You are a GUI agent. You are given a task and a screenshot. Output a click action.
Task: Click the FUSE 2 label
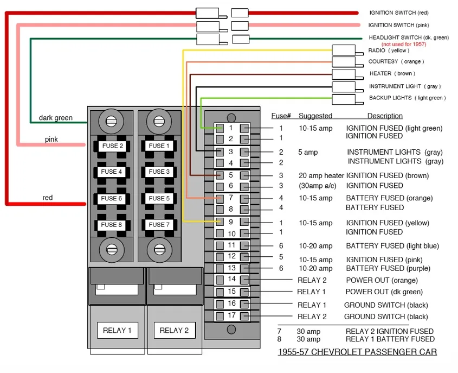click(x=112, y=146)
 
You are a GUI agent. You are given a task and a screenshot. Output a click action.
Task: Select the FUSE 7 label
click(x=159, y=225)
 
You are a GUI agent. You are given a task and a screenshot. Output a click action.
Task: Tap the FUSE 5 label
click(x=159, y=198)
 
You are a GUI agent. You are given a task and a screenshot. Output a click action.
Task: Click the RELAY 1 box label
click(x=117, y=330)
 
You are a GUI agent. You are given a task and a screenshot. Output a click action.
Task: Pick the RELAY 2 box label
click(x=174, y=330)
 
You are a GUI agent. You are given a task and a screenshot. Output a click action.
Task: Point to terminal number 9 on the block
click(x=231, y=222)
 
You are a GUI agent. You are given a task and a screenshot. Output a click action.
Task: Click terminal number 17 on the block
click(x=231, y=315)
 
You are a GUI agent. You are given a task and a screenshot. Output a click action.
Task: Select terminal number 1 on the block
click(x=231, y=128)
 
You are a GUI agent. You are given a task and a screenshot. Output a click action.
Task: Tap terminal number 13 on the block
click(x=231, y=268)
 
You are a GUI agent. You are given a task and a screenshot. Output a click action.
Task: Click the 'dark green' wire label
click(x=55, y=118)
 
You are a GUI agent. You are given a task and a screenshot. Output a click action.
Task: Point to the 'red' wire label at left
click(x=48, y=198)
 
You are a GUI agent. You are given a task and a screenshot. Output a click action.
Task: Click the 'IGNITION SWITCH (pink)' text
click(x=398, y=25)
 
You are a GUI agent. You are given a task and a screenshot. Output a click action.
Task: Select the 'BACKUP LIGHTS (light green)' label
click(x=408, y=98)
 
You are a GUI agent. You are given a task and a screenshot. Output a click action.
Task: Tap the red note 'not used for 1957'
click(x=404, y=44)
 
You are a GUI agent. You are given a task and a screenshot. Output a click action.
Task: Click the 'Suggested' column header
click(x=315, y=116)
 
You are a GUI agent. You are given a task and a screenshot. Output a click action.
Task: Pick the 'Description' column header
click(x=385, y=116)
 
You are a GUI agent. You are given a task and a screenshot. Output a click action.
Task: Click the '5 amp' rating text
click(x=308, y=152)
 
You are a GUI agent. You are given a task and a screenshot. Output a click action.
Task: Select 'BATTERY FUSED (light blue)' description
click(x=392, y=246)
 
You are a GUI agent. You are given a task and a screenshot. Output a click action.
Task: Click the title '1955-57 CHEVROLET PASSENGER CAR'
click(x=357, y=352)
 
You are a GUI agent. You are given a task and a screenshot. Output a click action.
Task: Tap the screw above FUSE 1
click(x=159, y=121)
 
